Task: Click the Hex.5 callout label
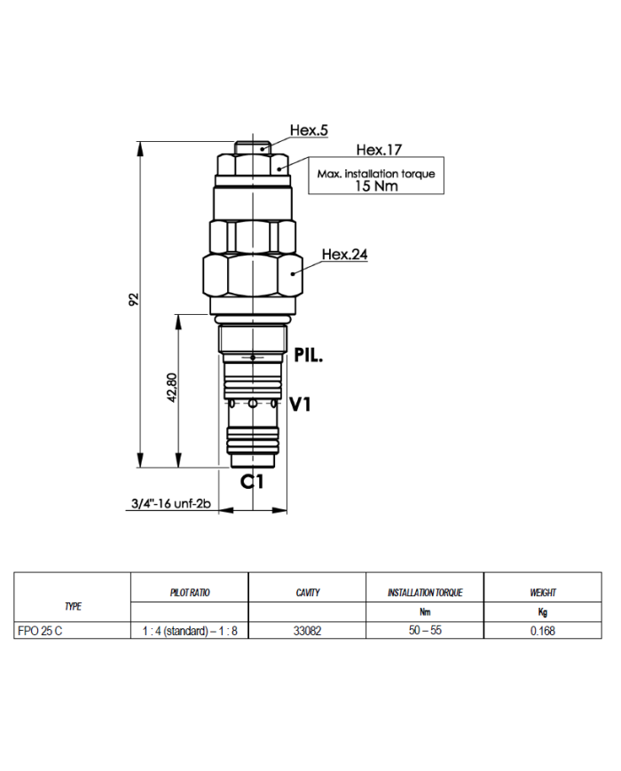(309, 130)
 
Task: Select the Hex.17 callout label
(380, 150)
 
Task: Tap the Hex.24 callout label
(344, 255)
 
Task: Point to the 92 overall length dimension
(134, 300)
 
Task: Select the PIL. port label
(309, 358)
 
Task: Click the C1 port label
(254, 482)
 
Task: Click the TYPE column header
(73, 606)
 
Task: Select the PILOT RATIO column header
(190, 592)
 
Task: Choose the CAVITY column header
(307, 592)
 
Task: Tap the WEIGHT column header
(543, 592)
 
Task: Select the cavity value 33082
(307, 631)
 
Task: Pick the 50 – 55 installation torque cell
(424, 631)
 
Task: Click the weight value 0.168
(543, 631)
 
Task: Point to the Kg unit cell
(543, 612)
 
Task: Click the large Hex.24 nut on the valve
(253, 277)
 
